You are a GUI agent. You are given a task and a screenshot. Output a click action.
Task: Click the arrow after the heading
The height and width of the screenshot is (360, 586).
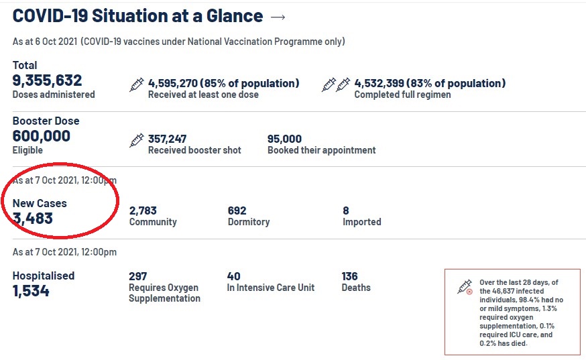278,17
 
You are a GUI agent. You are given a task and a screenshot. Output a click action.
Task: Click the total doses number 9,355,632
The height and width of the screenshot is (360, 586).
47,80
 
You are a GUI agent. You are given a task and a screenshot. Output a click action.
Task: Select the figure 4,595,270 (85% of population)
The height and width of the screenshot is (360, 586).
223,83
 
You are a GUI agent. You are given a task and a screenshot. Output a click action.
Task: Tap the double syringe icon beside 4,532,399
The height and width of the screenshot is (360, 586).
336,84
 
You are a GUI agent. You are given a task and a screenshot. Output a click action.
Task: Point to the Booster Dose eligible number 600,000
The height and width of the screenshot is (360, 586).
41,136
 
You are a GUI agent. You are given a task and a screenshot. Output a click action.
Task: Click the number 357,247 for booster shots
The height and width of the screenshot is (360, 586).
167,139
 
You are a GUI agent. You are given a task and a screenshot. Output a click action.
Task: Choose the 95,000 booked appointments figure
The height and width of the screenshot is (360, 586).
284,139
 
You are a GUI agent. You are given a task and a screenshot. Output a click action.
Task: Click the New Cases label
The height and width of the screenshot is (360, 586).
40,203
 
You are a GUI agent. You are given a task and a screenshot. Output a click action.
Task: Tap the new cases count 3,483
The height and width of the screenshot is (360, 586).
32,219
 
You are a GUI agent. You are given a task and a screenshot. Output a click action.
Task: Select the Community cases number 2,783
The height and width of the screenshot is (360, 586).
143,211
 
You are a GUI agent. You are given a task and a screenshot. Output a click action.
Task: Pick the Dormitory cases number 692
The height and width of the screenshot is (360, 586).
237,211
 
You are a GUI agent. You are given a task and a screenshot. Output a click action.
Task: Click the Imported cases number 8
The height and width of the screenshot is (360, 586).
346,211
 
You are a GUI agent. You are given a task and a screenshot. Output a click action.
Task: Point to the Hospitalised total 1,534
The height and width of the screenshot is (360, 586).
31,291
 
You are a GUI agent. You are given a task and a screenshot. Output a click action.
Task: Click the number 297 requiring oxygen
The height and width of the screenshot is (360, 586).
138,276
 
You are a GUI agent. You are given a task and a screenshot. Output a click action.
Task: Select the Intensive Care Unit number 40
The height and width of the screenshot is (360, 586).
233,276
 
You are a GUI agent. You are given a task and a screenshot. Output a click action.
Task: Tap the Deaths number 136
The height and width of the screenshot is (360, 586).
349,276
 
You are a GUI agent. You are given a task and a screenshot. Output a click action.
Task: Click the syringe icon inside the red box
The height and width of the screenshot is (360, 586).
465,287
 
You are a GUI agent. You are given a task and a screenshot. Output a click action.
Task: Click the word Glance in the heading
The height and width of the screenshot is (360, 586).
234,15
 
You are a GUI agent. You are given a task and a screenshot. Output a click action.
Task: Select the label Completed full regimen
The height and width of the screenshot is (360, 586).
402,95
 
